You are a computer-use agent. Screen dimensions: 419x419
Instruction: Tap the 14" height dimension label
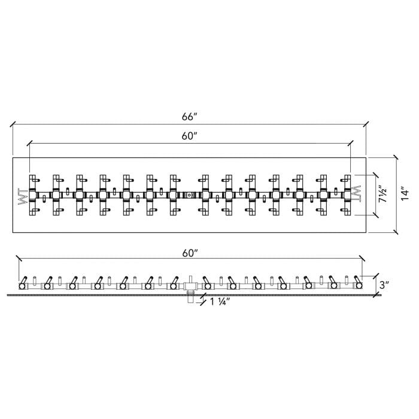point(405,194)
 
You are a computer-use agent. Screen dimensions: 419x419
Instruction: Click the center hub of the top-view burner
point(189,195)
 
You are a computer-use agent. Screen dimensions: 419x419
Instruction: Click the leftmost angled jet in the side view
point(23,283)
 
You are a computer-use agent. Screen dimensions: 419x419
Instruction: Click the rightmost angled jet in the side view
point(357,283)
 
